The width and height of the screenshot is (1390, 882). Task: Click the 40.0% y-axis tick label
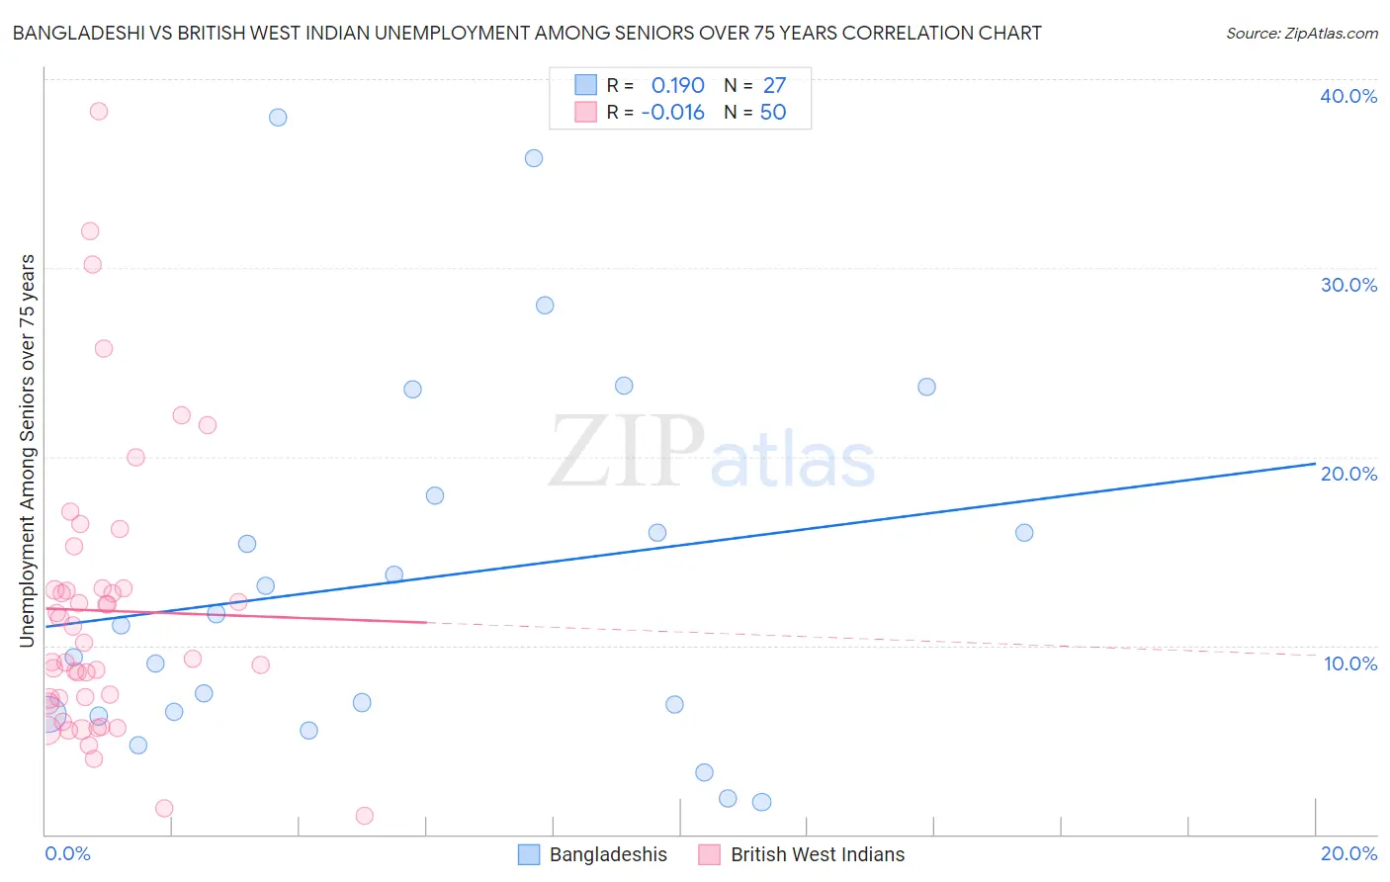(x=1348, y=96)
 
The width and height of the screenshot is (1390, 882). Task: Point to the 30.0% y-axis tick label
(x=1348, y=285)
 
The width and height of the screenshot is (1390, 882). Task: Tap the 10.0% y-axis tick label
(x=1350, y=663)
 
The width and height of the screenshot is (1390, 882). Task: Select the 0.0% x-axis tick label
(x=67, y=853)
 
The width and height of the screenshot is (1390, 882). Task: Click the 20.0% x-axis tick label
(x=1348, y=853)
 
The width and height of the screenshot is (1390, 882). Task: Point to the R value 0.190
(x=677, y=85)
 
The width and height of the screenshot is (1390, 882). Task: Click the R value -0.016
(x=672, y=113)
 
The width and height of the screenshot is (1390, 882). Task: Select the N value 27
(x=774, y=85)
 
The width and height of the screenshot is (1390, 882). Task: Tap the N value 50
(x=773, y=113)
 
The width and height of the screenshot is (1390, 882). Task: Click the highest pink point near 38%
(x=99, y=111)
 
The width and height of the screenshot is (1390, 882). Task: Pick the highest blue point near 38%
(x=278, y=118)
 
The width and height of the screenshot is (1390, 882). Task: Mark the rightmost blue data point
(x=1024, y=533)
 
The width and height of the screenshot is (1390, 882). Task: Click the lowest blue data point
(x=761, y=802)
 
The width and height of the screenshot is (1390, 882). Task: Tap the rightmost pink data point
(x=364, y=816)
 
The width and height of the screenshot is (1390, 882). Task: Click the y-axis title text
(x=28, y=450)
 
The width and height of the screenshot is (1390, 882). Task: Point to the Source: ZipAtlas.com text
(x=1301, y=34)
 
